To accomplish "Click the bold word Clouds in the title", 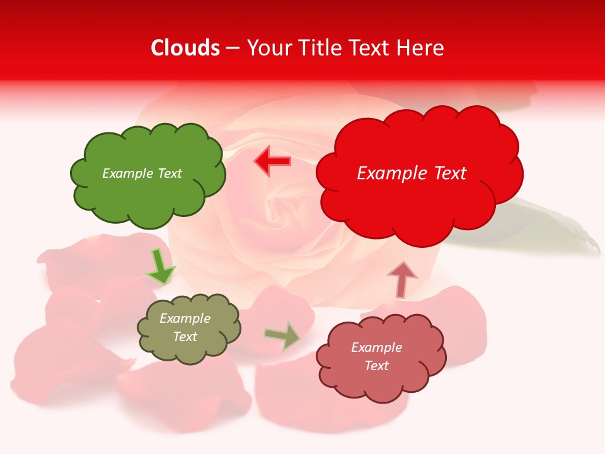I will point(185,48).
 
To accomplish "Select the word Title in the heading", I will point(318,48).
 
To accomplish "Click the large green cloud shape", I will point(147,189).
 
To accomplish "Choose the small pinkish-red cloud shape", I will point(378,378).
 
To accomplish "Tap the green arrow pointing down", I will point(160,267).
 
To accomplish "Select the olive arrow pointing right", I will point(282,336).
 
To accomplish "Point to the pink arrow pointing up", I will point(401,279).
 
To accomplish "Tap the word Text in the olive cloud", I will point(185,337).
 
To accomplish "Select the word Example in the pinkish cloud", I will point(376,347).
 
